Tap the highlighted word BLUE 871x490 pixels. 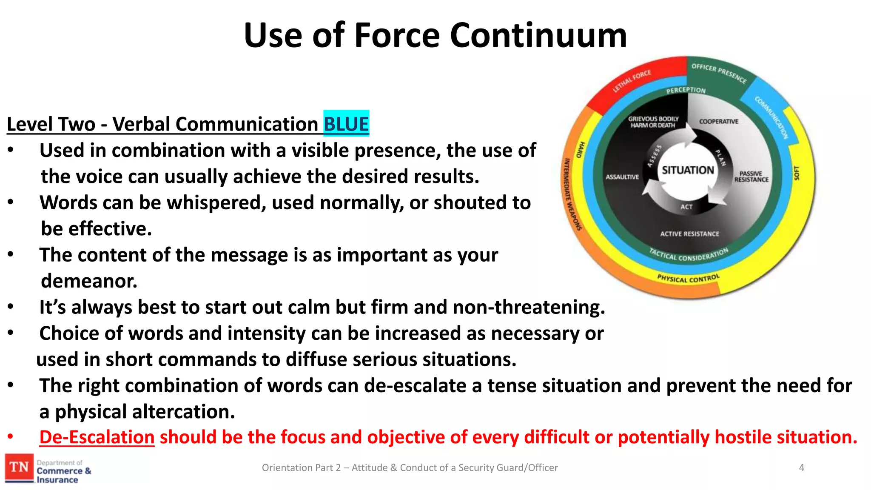[x=346, y=124]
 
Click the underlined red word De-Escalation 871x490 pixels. [x=97, y=437]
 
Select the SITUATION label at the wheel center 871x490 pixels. [x=688, y=170]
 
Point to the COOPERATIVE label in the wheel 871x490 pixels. [x=718, y=122]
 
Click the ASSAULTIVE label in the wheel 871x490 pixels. [x=622, y=177]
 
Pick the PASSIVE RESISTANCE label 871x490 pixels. [x=751, y=177]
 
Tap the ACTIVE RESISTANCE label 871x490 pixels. [x=689, y=234]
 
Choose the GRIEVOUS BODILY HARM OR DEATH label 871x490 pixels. [x=653, y=122]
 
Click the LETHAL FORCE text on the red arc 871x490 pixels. [x=632, y=81]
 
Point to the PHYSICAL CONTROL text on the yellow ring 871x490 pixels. [x=688, y=279]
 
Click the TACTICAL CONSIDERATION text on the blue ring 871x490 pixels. [x=688, y=255]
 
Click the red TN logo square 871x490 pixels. [x=19, y=467]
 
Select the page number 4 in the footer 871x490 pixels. [x=801, y=468]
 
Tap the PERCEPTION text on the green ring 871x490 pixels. [x=686, y=90]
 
